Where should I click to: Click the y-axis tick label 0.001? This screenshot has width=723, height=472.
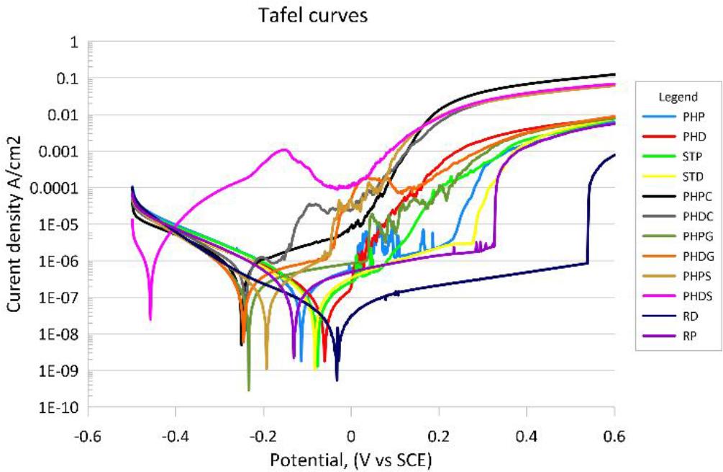click(x=61, y=152)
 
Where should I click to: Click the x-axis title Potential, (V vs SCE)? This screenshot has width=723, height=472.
click(x=351, y=458)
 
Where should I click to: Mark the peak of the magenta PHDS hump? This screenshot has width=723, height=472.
click(x=285, y=150)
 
